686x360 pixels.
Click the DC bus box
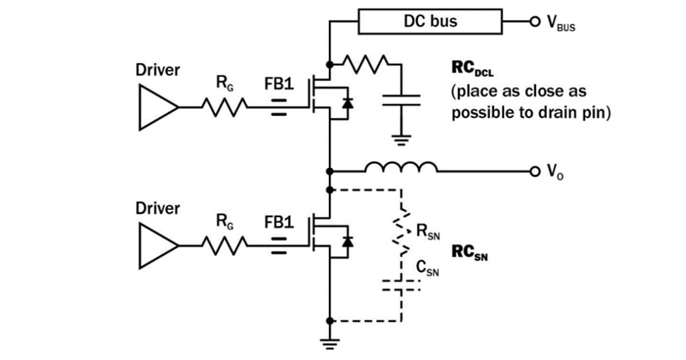(429, 21)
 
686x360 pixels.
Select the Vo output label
(557, 171)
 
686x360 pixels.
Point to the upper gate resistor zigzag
(225, 108)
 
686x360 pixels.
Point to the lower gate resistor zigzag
(225, 246)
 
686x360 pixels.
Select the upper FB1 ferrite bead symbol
(278, 108)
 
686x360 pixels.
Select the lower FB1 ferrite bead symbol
(278, 246)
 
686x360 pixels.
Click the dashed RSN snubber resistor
(401, 233)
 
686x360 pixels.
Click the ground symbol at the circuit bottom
(331, 343)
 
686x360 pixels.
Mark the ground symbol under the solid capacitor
(401, 141)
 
